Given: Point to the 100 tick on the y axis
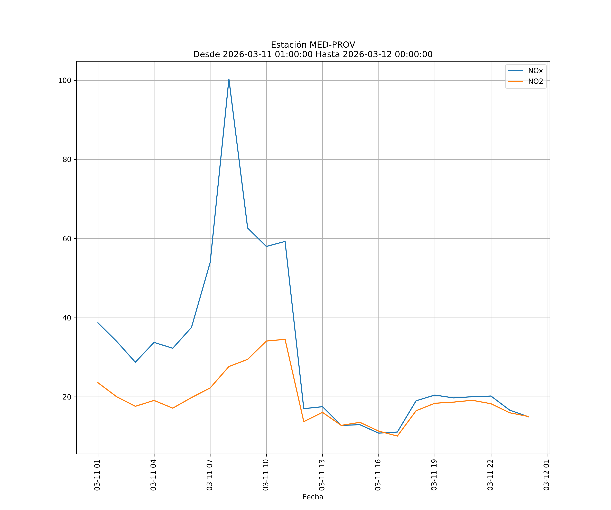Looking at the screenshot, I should (x=65, y=80).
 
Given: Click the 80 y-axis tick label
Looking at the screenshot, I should (x=67, y=159).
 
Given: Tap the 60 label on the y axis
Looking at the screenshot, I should (x=67, y=239).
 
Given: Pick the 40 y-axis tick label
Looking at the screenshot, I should (x=67, y=318).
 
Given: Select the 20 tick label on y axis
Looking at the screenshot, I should (x=67, y=397).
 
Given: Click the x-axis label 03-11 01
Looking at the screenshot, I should (x=97, y=475).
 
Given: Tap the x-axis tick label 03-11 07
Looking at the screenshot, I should (x=209, y=475).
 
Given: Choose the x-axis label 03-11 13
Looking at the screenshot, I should (x=322, y=475).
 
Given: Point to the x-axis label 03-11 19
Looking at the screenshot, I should (x=434, y=475).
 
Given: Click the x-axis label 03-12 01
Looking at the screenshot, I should (x=546, y=475).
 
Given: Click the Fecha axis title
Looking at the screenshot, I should (x=313, y=497).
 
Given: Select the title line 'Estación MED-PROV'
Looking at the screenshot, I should (x=313, y=45).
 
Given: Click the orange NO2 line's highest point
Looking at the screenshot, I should (x=285, y=339).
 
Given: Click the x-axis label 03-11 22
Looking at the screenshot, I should (x=490, y=475).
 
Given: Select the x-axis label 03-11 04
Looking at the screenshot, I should (x=153, y=475).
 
